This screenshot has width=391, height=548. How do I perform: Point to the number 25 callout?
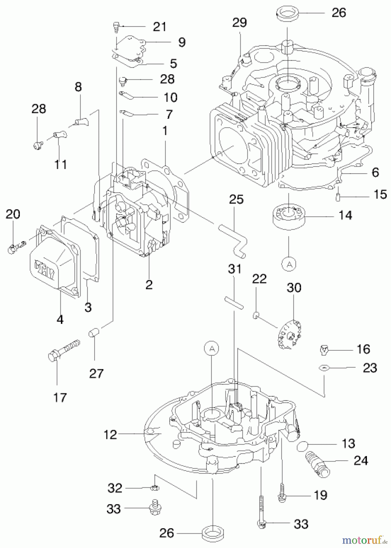(236, 199)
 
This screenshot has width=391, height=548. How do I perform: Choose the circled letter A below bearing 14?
(289, 264)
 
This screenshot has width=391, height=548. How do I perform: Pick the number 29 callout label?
(239, 23)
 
